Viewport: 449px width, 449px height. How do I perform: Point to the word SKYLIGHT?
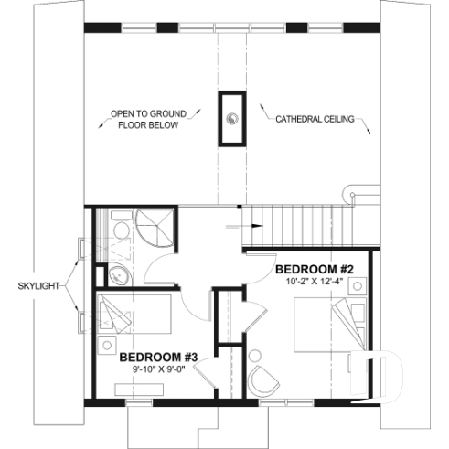pyautogui.click(x=38, y=286)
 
